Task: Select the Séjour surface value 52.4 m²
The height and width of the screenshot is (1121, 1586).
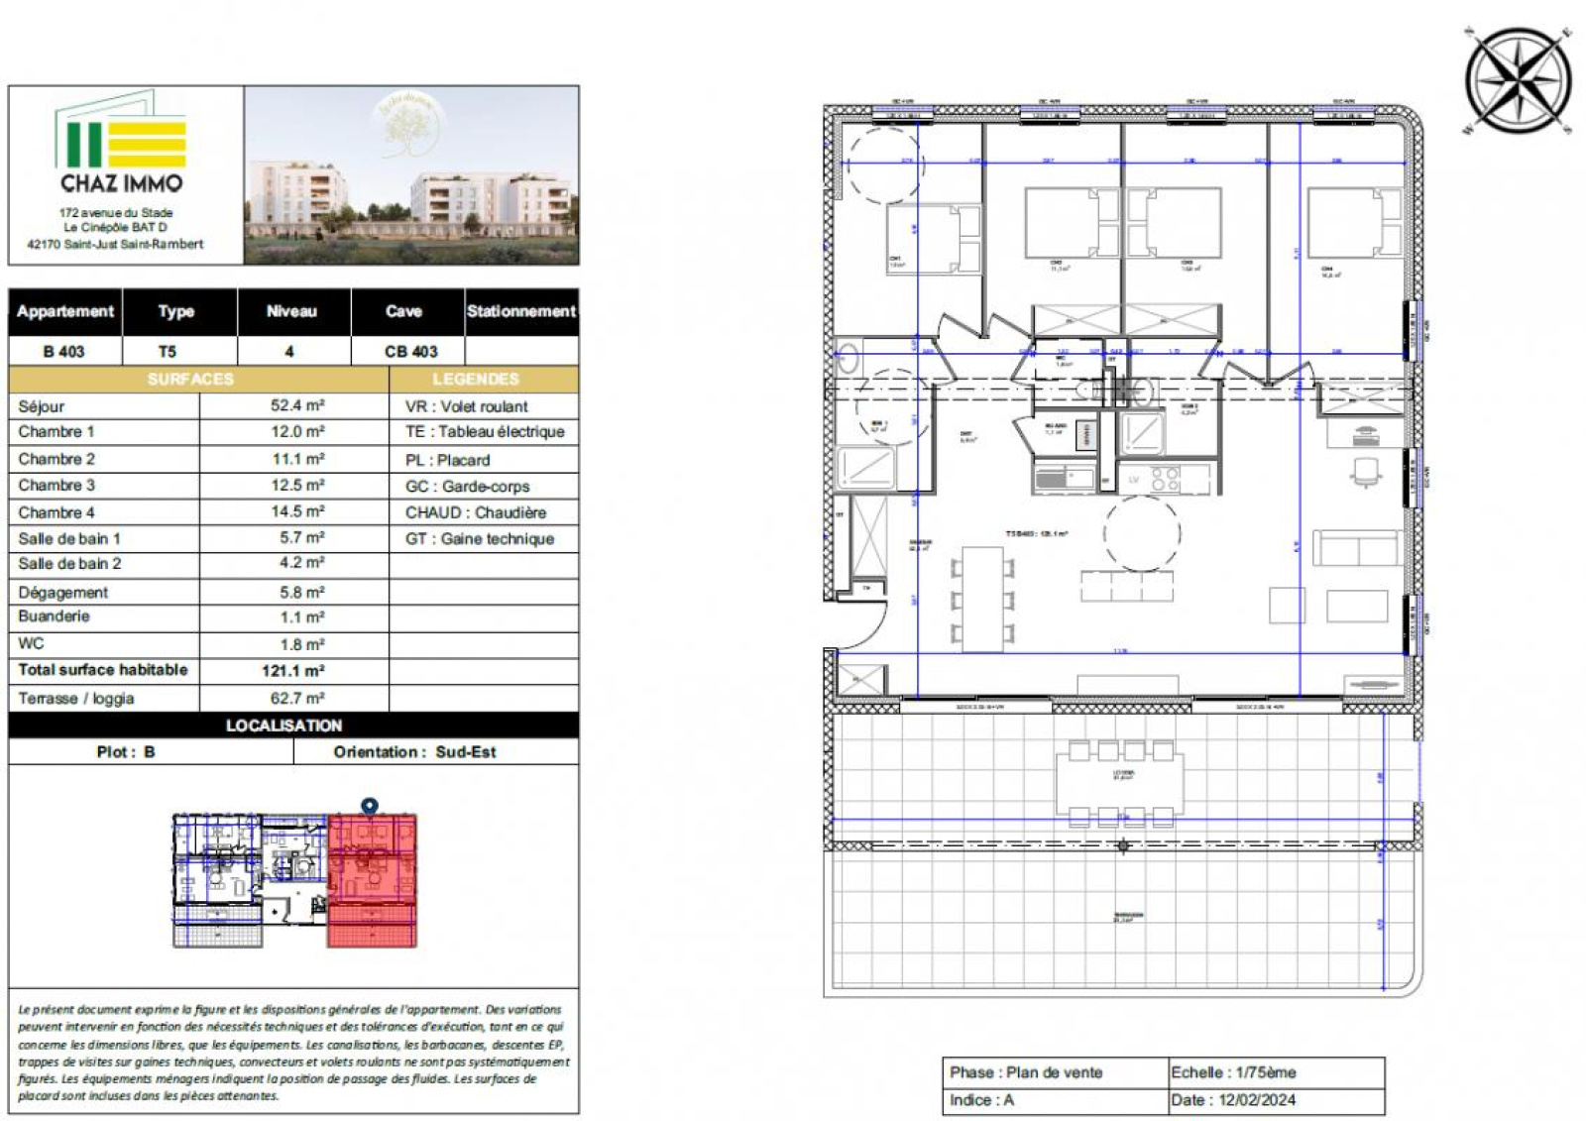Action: click(x=297, y=405)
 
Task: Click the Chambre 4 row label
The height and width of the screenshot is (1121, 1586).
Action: click(x=57, y=512)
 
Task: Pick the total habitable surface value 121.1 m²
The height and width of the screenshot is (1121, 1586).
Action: click(x=293, y=671)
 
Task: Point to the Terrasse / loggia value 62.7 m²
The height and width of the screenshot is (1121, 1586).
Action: click(x=297, y=698)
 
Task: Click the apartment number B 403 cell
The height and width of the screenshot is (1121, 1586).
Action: click(x=64, y=351)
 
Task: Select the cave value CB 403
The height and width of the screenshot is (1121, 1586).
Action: click(x=410, y=351)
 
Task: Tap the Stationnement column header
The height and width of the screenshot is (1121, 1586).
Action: click(x=521, y=311)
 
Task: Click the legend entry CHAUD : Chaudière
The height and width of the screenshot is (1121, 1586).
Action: click(x=476, y=512)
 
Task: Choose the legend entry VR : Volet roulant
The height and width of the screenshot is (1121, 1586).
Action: click(x=467, y=406)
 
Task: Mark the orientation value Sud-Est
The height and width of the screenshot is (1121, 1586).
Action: click(x=466, y=752)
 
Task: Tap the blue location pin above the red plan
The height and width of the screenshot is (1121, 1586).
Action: click(x=370, y=807)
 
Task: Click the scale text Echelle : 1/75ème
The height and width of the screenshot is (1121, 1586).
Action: click(x=1233, y=1072)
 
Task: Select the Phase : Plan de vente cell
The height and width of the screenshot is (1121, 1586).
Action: click(x=1026, y=1072)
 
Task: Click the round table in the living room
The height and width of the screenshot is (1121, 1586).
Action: click(x=1141, y=533)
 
